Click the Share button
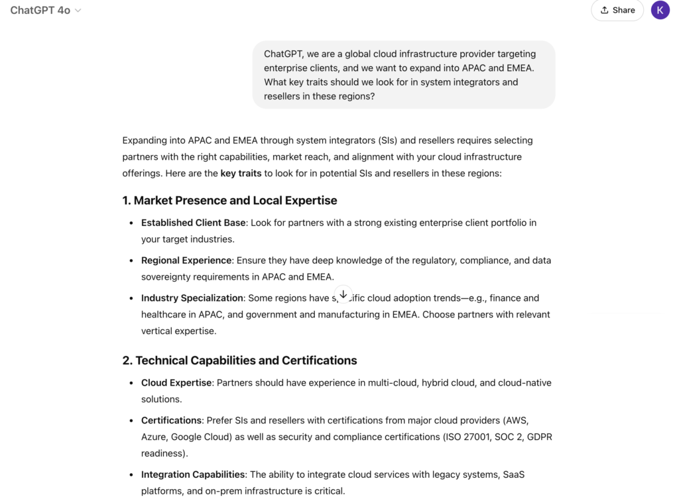point(617,11)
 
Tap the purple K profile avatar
point(660,11)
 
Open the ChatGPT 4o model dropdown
point(46,11)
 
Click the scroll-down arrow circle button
point(343,294)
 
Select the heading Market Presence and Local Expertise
point(229,200)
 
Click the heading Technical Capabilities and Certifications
point(239,361)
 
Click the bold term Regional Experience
point(186,260)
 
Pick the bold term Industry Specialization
point(192,298)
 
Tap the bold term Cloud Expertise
point(176,383)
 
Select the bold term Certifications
point(171,420)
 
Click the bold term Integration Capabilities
point(193,475)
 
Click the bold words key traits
point(241,174)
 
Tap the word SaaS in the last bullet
point(513,475)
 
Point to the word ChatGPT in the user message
point(284,54)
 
